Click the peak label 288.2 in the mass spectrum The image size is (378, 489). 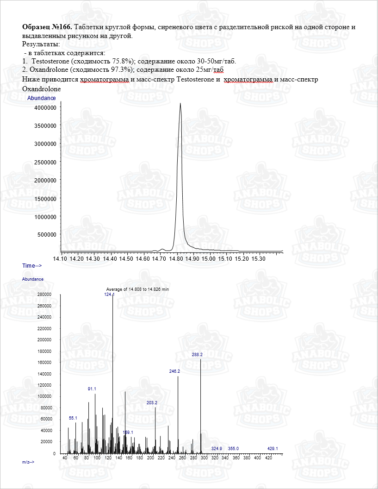click(197, 355)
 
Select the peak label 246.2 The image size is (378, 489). click(174, 371)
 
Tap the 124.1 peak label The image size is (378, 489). click(109, 295)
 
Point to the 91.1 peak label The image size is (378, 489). click(92, 389)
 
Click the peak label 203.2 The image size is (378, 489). click(152, 403)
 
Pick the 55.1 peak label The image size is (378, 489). click(73, 418)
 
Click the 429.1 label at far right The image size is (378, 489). click(273, 449)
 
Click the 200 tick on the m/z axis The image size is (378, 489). click(151, 458)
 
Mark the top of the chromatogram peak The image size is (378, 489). click(180, 103)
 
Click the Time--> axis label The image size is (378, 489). click(32, 266)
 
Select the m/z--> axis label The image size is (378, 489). click(28, 463)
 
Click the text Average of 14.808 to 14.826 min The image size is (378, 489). click(137, 289)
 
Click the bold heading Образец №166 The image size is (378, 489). click(47, 27)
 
